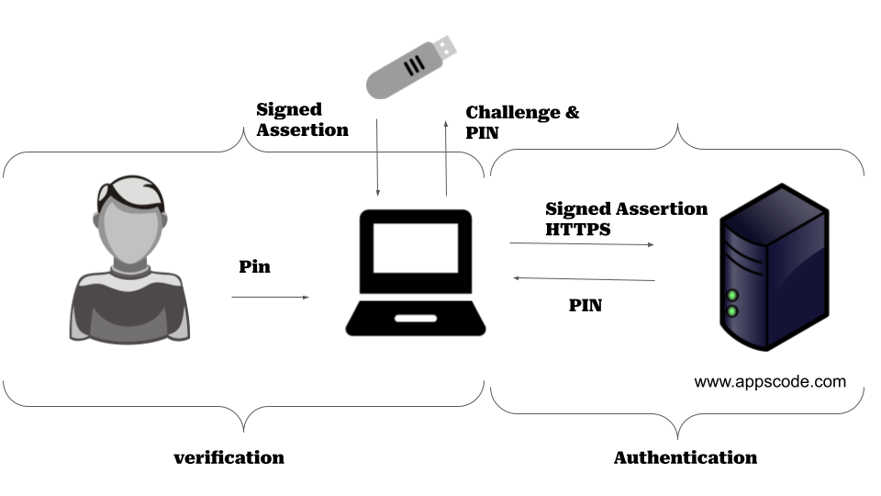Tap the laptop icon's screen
(x=415, y=247)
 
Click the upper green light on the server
(x=732, y=296)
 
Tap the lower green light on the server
(x=732, y=312)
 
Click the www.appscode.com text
(x=770, y=381)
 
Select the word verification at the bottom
(x=229, y=457)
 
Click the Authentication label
(x=685, y=457)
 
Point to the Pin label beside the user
(x=255, y=267)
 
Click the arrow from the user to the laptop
(x=270, y=297)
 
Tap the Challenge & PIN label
(x=522, y=122)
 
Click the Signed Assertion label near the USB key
(x=302, y=120)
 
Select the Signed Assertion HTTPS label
(x=626, y=219)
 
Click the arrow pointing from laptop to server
(x=582, y=244)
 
